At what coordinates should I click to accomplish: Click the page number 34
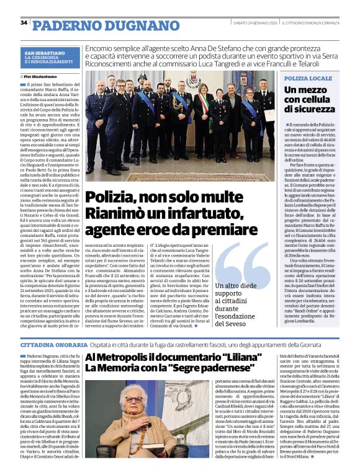click(x=24, y=22)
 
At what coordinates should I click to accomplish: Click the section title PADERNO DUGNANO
click(x=89, y=24)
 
